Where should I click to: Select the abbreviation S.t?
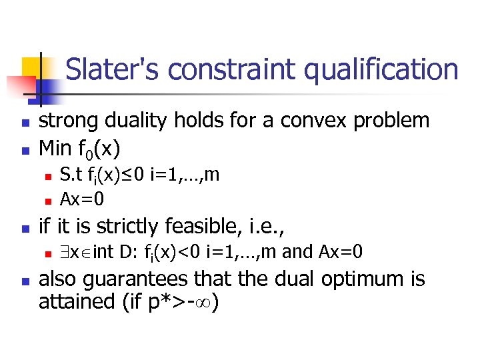pos(71,175)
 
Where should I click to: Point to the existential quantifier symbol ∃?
pos(64,253)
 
